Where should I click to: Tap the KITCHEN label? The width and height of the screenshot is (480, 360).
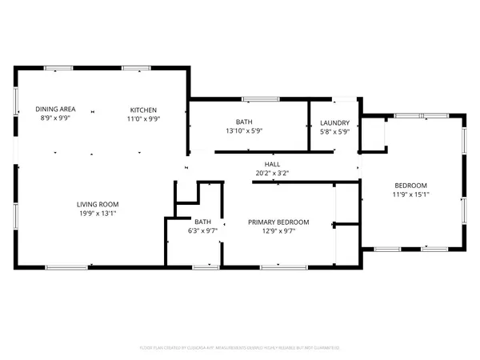coord(145,110)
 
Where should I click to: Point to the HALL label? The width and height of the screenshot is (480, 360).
coord(261,164)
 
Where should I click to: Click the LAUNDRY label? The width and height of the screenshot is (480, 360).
coord(334,123)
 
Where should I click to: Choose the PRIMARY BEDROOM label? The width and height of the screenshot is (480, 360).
coord(278,222)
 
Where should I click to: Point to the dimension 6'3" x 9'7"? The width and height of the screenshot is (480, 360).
coord(202,232)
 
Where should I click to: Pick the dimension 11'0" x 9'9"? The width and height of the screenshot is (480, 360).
coord(145,118)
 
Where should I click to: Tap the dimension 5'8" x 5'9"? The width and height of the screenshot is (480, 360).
coord(334,132)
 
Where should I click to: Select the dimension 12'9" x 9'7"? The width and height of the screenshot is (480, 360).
coord(278,231)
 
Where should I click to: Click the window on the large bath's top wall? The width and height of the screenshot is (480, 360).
coord(257,99)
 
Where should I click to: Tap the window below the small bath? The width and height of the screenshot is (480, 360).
coord(205,266)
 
